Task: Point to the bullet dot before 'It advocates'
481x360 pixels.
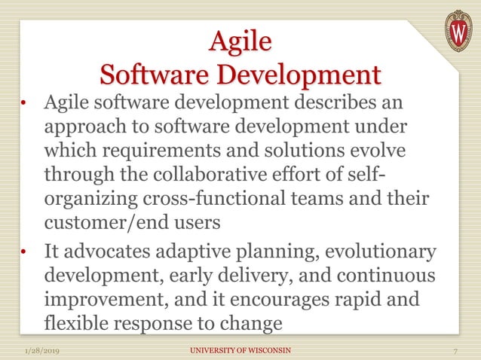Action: (x=24, y=252)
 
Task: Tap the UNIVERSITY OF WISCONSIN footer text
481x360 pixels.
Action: (x=240, y=351)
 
